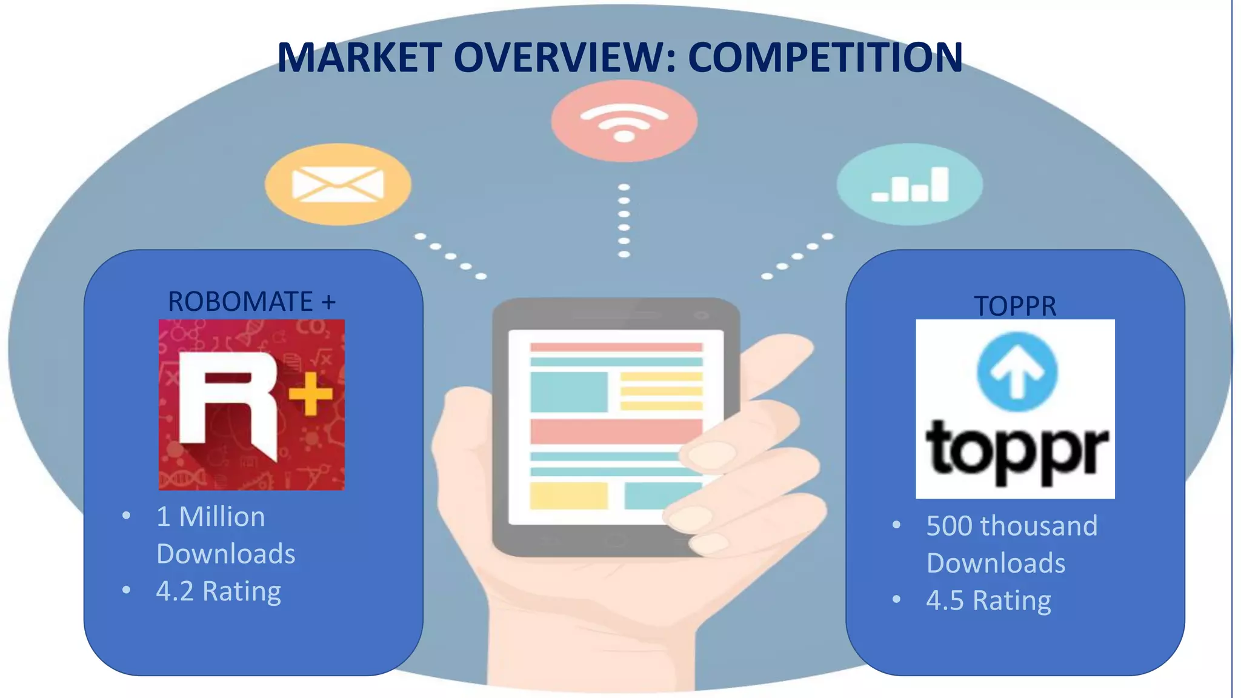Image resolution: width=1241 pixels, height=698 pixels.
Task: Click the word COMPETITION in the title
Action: tap(825, 58)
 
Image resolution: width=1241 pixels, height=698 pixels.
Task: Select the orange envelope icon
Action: tap(338, 184)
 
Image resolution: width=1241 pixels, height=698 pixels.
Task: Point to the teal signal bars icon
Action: tap(910, 184)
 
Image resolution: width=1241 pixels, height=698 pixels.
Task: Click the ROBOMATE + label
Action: tap(251, 302)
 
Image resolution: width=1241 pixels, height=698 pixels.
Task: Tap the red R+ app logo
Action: tap(251, 405)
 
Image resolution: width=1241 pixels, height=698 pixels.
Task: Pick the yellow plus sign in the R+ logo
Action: tap(311, 394)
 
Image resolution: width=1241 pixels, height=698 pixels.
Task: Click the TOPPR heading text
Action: tap(1015, 306)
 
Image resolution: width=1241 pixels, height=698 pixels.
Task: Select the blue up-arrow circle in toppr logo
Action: tap(1017, 372)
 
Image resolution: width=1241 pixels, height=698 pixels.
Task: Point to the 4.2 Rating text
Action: tap(219, 591)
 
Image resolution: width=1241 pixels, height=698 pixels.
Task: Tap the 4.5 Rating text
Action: tap(988, 600)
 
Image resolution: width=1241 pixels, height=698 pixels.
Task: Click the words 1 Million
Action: tap(210, 517)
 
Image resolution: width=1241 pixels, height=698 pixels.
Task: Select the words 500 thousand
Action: tap(1011, 526)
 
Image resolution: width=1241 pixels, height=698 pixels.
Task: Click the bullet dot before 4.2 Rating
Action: tap(126, 590)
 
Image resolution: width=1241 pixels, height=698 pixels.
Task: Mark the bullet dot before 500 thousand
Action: tap(896, 525)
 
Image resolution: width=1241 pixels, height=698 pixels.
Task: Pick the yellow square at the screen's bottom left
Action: tap(568, 496)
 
